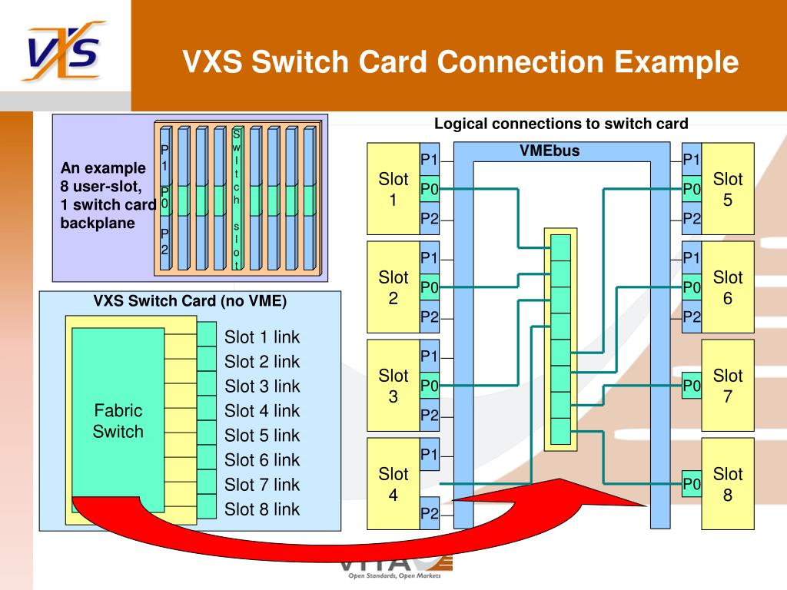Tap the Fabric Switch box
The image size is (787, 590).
point(118,420)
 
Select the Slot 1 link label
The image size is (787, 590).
point(262,337)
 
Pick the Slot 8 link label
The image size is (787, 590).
point(262,509)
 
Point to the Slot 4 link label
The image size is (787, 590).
point(262,411)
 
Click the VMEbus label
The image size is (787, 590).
point(550,151)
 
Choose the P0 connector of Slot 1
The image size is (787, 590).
point(429,189)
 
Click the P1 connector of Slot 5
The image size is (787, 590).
point(692,160)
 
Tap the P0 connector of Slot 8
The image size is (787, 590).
point(692,484)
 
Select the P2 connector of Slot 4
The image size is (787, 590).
point(429,513)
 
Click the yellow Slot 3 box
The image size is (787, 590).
point(393,386)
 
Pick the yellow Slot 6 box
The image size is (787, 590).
point(728,287)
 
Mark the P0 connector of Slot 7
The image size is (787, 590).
point(692,386)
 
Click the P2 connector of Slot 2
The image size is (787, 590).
point(429,317)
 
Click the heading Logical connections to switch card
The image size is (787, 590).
point(561,124)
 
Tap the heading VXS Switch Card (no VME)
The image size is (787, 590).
point(190,301)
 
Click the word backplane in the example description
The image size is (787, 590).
point(98,224)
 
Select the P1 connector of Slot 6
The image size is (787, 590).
point(692,257)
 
